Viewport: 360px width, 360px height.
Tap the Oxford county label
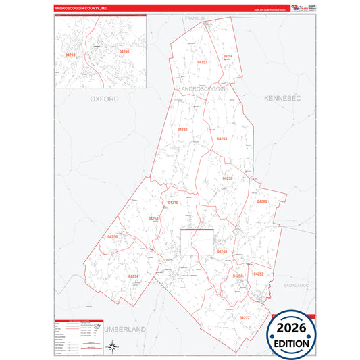click(x=104, y=99)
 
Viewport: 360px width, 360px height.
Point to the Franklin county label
click(x=195, y=18)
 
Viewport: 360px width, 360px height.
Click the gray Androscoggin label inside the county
click(x=203, y=88)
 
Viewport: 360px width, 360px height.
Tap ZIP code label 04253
click(x=202, y=62)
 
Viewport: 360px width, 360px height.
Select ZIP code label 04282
click(x=183, y=129)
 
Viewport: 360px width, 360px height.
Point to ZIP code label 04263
click(x=222, y=139)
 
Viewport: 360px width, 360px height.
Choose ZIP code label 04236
click(x=227, y=178)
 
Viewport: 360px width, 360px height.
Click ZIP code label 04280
click(x=262, y=201)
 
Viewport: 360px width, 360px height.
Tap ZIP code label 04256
click(x=112, y=236)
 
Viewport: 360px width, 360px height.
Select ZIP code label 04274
click(x=133, y=276)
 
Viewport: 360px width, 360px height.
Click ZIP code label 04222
click(x=244, y=317)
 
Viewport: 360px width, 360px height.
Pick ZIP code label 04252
click(x=258, y=274)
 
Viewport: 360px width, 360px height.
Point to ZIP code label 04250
click(x=237, y=277)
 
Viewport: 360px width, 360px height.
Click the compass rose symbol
click(x=114, y=347)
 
